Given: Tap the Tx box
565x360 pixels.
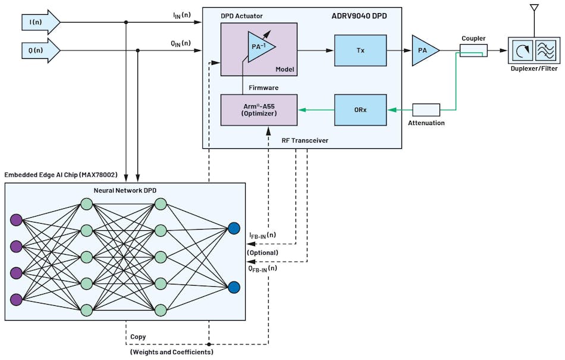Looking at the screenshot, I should coord(360,50).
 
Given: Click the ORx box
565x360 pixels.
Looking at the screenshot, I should coord(360,109).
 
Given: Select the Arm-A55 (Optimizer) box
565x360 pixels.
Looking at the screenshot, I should coord(259,109).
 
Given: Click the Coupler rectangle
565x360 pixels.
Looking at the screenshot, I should coord(474,51).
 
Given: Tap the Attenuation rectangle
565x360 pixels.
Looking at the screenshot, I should coord(426,109).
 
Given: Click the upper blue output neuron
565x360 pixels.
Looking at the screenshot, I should coord(234,228).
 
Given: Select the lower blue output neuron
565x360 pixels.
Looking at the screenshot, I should coord(234,287).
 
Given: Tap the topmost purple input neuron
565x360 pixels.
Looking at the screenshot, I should coord(16,220).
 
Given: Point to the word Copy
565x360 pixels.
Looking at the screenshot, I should coord(138,337).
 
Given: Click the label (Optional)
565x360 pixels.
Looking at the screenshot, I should coord(262,252).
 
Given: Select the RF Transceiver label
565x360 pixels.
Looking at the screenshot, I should coord(305,140).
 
